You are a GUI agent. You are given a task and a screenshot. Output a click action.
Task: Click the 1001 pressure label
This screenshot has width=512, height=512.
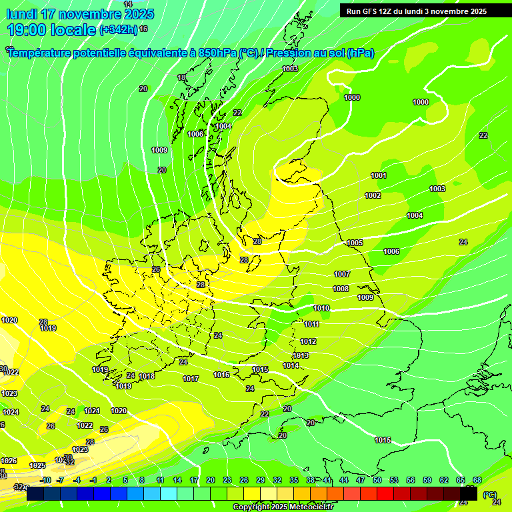[379, 175]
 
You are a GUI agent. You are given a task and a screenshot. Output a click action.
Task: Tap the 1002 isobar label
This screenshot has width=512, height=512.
[373, 195]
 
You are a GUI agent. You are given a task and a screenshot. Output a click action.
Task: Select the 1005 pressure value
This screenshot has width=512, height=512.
[355, 243]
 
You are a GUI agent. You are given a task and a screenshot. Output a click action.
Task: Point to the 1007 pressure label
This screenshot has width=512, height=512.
[342, 274]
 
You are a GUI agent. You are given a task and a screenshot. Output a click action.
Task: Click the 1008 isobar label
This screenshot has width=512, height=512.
[341, 289]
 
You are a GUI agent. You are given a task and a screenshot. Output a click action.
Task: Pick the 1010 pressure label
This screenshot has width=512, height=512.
[321, 308]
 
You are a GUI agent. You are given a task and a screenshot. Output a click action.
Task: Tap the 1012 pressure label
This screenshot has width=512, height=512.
[308, 341]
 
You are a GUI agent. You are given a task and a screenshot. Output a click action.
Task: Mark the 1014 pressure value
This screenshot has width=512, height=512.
[291, 365]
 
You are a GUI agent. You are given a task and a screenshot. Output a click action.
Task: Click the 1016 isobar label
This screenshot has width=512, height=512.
[221, 375]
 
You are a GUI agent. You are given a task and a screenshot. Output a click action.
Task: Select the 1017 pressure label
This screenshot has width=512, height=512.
[191, 379]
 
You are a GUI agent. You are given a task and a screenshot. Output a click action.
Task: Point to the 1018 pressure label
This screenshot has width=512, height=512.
[147, 376]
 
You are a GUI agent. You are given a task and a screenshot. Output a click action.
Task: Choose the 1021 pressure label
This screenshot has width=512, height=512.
[92, 411]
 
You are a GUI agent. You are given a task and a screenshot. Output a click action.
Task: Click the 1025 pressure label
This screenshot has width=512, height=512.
[37, 465]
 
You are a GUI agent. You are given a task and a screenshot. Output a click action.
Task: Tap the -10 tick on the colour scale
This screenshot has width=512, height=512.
[45, 480]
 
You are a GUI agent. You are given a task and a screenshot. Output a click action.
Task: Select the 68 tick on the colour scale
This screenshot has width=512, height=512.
[477, 480]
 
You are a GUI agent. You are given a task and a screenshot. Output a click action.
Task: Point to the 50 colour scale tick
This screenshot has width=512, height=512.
[377, 480]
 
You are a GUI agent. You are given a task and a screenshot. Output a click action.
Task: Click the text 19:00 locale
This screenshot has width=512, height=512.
[51, 30]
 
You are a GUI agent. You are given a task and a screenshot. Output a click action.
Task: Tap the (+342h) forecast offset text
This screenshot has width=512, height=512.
[118, 30]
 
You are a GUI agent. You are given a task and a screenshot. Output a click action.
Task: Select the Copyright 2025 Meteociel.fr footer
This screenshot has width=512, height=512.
[283, 507]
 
